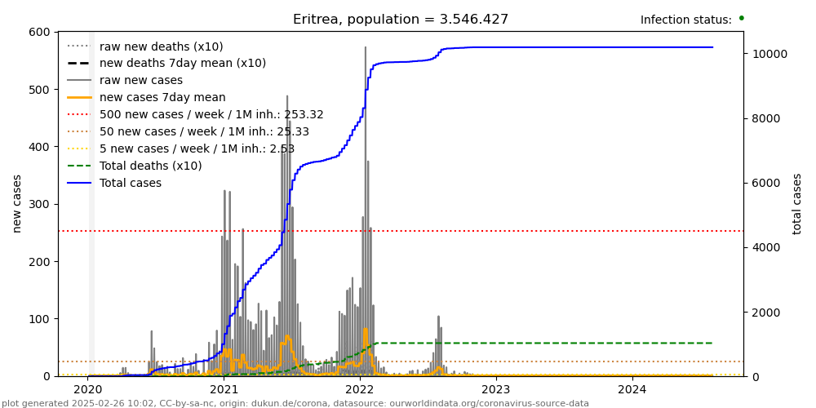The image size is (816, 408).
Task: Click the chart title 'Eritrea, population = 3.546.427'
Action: [x=401, y=20]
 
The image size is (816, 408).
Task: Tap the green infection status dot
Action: [x=741, y=17]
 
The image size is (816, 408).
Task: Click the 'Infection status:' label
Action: [x=685, y=20]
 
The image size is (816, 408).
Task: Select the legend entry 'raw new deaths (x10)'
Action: [x=161, y=47]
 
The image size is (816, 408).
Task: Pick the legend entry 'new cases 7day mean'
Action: [x=162, y=98]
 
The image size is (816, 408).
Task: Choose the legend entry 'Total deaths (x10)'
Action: [x=150, y=166]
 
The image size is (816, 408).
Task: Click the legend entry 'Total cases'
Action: [x=131, y=183]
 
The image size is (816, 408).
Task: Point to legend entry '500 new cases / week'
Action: [x=211, y=114]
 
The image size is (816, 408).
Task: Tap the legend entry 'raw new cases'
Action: [x=141, y=80]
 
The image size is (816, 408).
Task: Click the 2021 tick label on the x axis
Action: [x=224, y=389]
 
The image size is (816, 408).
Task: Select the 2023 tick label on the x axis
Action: [x=496, y=389]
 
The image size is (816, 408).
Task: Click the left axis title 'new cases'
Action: [x=16, y=203]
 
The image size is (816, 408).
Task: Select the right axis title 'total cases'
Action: [x=797, y=203]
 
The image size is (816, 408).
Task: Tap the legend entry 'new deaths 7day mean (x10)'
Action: [x=182, y=64]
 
